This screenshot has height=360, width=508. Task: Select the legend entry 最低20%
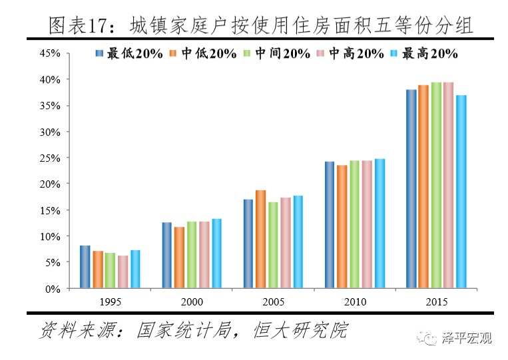pyautogui.click(x=133, y=54)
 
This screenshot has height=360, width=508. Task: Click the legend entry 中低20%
pyautogui.click(x=207, y=54)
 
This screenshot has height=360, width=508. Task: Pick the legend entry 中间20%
pyautogui.click(x=280, y=54)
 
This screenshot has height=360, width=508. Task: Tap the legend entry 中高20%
pyautogui.click(x=354, y=54)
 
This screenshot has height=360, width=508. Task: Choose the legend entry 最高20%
pyautogui.click(x=427, y=54)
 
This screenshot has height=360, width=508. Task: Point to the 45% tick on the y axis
pyautogui.click(x=51, y=53)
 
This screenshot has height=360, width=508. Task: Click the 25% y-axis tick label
pyautogui.click(x=51, y=158)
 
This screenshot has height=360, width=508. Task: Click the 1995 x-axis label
pyautogui.click(x=110, y=301)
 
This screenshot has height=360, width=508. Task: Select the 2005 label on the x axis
pyautogui.click(x=274, y=301)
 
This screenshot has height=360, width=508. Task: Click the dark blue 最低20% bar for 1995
pyautogui.click(x=85, y=267)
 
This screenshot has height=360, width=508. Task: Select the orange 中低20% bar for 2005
pyautogui.click(x=261, y=240)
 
